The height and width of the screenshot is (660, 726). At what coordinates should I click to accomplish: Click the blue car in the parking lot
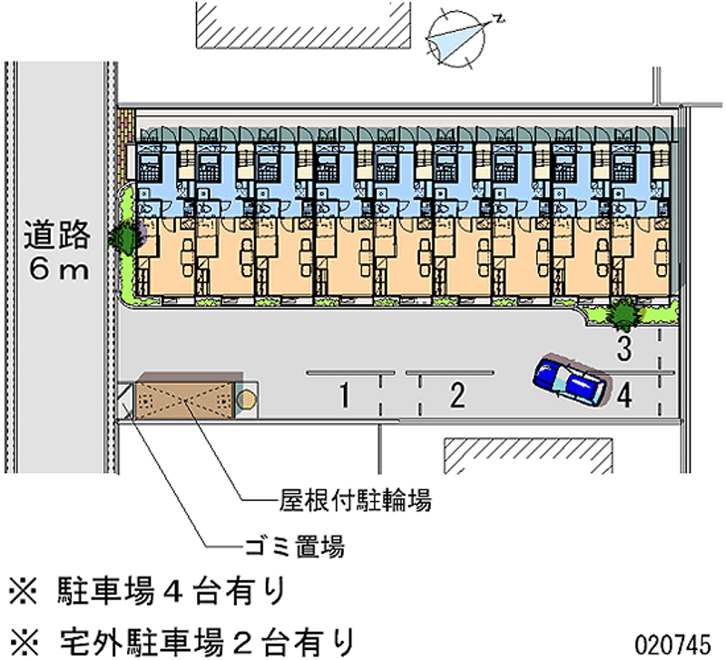[x=570, y=379]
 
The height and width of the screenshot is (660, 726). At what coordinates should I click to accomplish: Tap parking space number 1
[x=345, y=394]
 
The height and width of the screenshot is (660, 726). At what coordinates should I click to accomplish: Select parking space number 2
[x=457, y=394]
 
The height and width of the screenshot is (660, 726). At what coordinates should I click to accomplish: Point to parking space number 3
[x=623, y=346]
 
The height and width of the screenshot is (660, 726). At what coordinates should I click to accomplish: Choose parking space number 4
[x=624, y=395]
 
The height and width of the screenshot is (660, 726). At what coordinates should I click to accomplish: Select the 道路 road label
[x=57, y=235]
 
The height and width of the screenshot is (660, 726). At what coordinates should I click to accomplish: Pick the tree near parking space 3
[x=623, y=314]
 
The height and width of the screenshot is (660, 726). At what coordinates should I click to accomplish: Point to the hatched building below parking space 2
[x=527, y=455]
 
